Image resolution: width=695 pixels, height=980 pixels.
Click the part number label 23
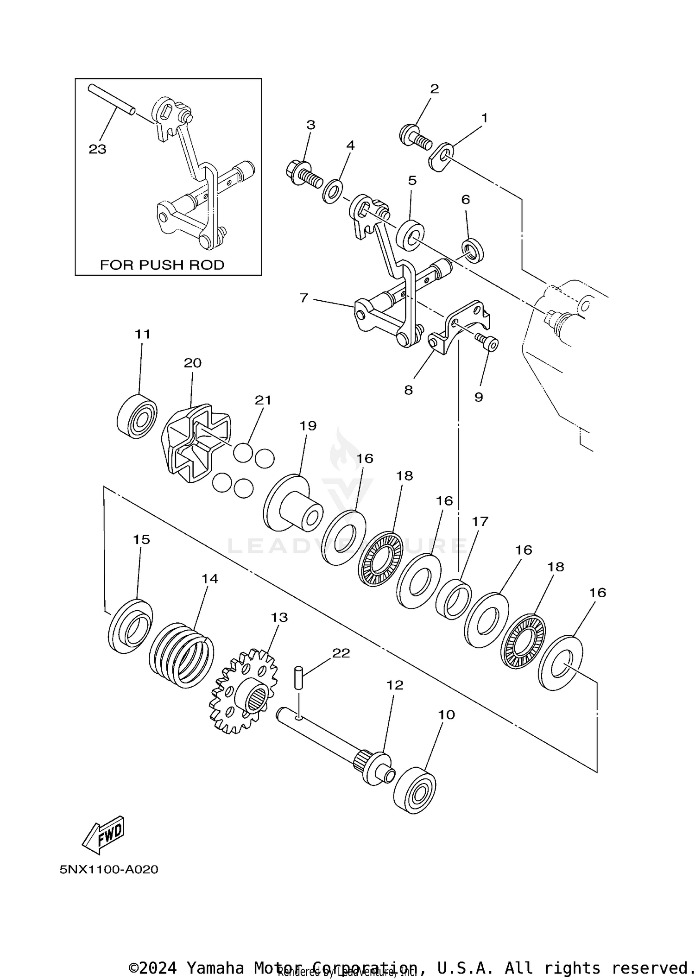click(97, 149)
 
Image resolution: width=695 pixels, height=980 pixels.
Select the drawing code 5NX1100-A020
click(109, 869)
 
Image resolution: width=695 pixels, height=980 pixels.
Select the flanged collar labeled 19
click(293, 504)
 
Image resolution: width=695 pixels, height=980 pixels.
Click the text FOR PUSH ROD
click(162, 265)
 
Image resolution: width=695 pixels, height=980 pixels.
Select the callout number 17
click(480, 521)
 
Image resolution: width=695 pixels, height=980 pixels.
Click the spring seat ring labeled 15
click(130, 626)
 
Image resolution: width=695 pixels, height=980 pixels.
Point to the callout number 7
click(303, 298)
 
